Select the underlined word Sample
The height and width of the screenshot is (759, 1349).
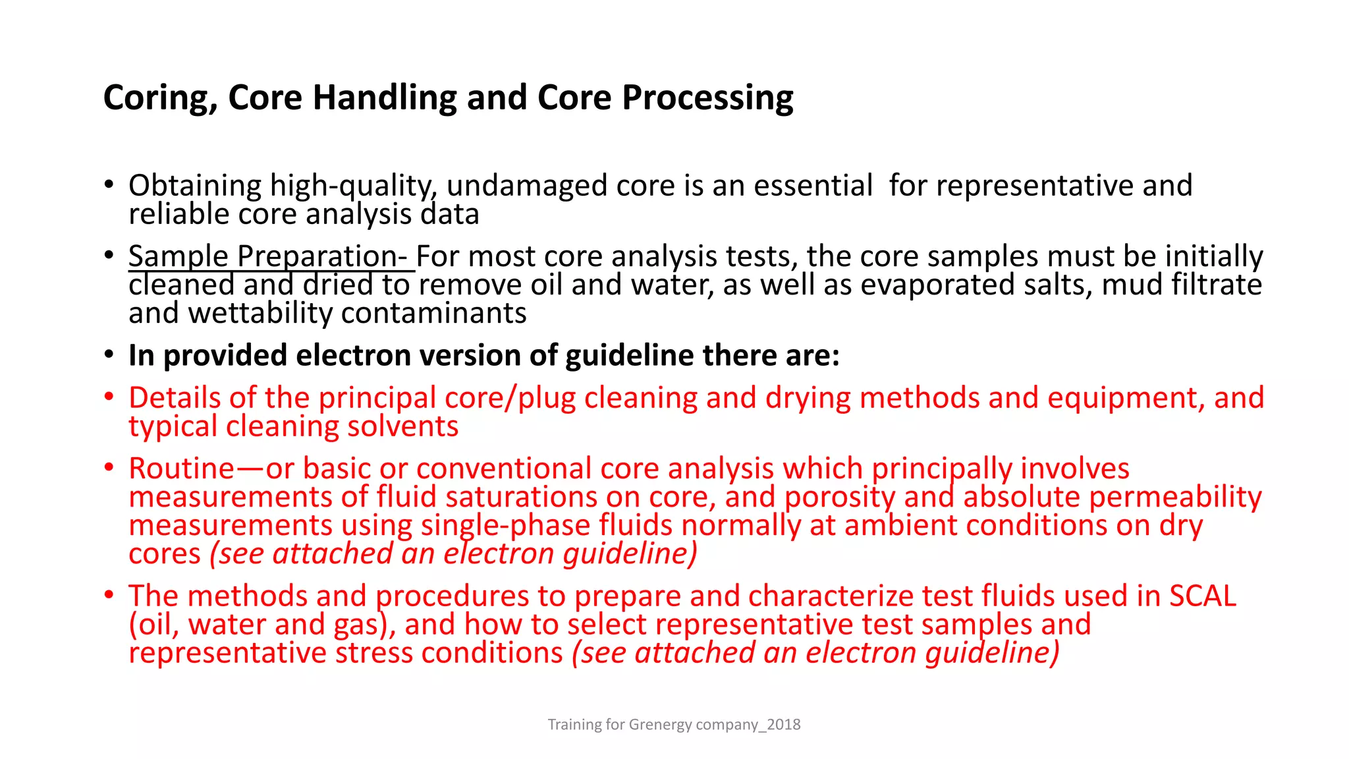(178, 256)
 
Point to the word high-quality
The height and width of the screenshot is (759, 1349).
(353, 186)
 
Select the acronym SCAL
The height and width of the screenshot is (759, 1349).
(1202, 596)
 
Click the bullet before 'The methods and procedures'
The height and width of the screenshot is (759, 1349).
(109, 595)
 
